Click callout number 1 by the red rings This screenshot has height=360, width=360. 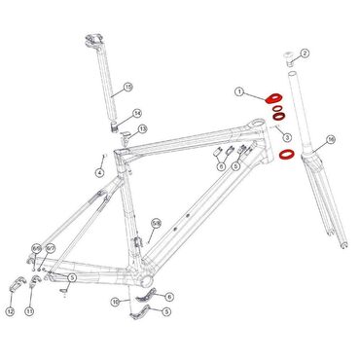(238, 91)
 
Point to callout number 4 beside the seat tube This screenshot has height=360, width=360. (99, 172)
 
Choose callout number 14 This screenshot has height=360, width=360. (137, 113)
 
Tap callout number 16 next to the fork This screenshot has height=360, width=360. (331, 140)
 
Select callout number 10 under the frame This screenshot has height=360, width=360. (116, 302)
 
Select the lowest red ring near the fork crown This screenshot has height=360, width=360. (287, 154)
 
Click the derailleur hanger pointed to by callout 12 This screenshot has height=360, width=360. (16, 287)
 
